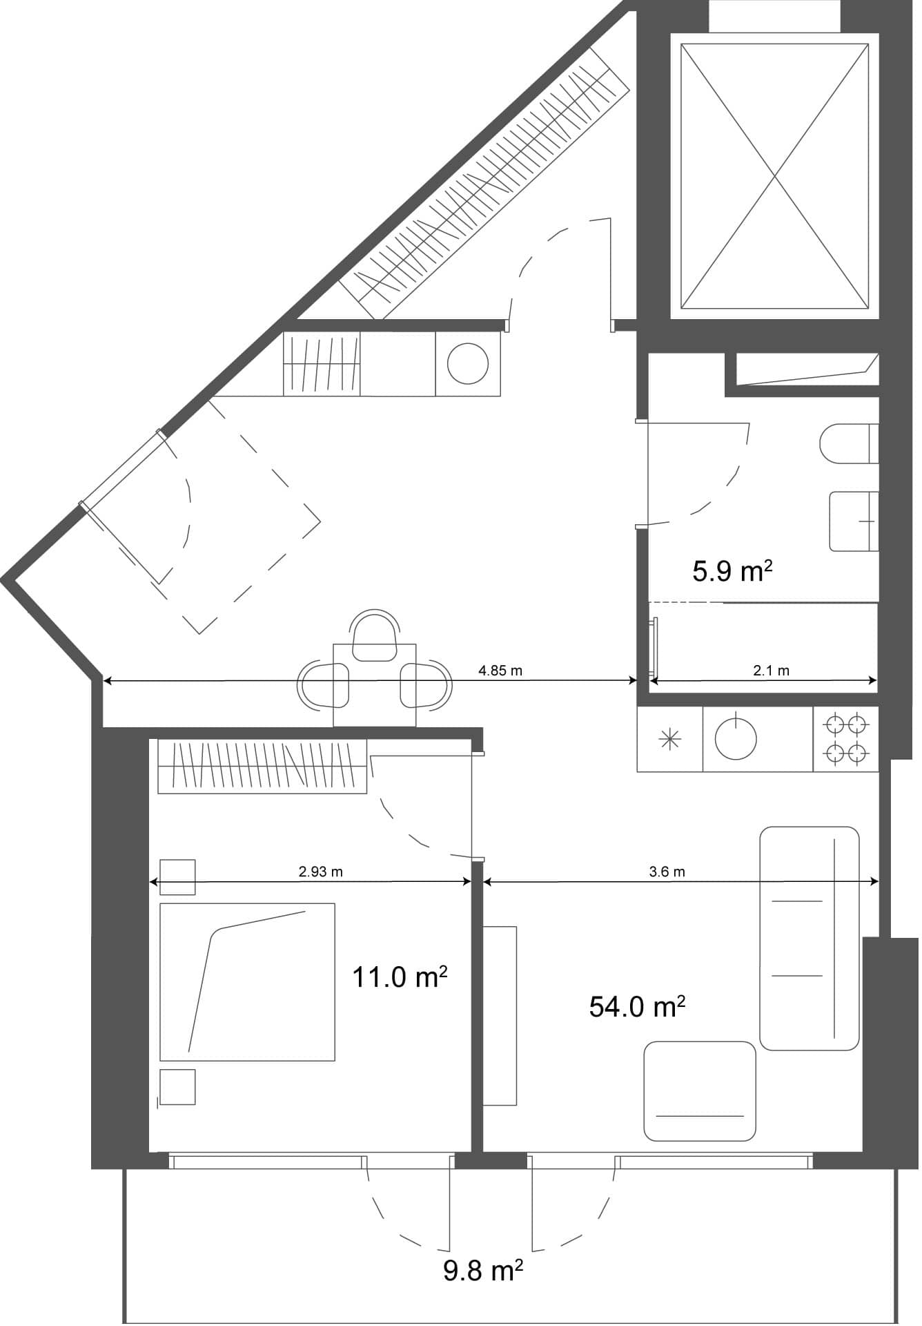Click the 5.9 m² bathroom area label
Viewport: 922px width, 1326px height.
(732, 572)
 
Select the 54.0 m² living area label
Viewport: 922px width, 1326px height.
(636, 1007)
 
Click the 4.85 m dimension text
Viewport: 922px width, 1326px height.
(500, 671)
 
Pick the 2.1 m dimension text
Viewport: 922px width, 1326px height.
(771, 671)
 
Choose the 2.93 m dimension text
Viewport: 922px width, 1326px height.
(320, 872)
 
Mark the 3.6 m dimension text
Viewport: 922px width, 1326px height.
(667, 872)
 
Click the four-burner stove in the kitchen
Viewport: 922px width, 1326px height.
(846, 738)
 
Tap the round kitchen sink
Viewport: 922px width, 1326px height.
(736, 738)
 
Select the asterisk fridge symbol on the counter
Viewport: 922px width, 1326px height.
(670, 740)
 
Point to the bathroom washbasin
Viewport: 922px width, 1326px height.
(853, 521)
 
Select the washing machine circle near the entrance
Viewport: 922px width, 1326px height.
(467, 363)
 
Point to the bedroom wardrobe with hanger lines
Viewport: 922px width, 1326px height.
(262, 767)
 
